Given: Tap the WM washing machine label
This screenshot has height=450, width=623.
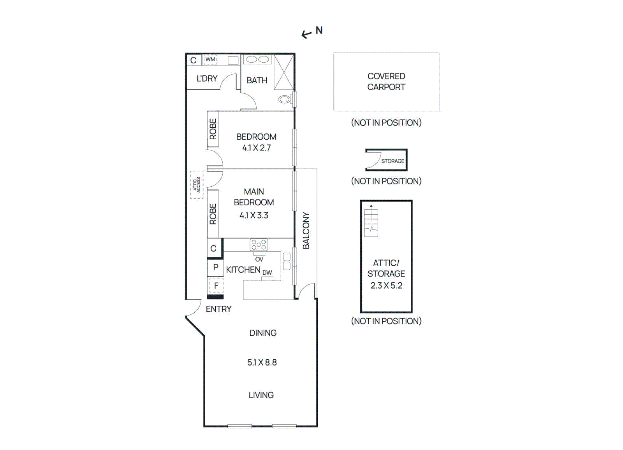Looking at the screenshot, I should (210, 60).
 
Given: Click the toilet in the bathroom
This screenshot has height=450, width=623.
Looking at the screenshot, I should (285, 100).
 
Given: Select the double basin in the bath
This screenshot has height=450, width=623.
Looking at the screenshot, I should (257, 60).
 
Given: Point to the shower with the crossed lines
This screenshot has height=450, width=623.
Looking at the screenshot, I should (284, 73).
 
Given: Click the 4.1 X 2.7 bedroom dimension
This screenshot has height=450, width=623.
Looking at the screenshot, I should (256, 148).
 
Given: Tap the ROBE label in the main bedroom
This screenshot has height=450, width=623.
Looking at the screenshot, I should (213, 214).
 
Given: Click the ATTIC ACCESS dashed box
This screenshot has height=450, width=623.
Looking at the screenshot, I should (197, 185).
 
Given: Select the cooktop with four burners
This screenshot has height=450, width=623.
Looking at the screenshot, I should (259, 245).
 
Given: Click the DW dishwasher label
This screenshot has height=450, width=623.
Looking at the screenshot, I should (267, 273).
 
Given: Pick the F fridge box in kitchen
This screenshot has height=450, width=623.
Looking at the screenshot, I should (216, 286).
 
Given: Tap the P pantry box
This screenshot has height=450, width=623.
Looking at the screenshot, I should (216, 268).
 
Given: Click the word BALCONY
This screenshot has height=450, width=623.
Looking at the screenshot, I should (306, 230).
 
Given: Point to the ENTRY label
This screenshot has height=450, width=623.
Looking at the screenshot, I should (218, 309).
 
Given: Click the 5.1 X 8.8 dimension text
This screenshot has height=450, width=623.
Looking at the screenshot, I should (262, 362).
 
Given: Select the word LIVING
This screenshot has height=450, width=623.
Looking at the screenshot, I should (261, 395).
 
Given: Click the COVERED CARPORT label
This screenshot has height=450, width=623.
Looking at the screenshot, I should (386, 82).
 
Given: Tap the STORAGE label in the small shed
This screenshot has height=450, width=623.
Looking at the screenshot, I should (392, 161).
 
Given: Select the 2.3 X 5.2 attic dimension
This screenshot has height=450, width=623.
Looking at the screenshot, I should (386, 285).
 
